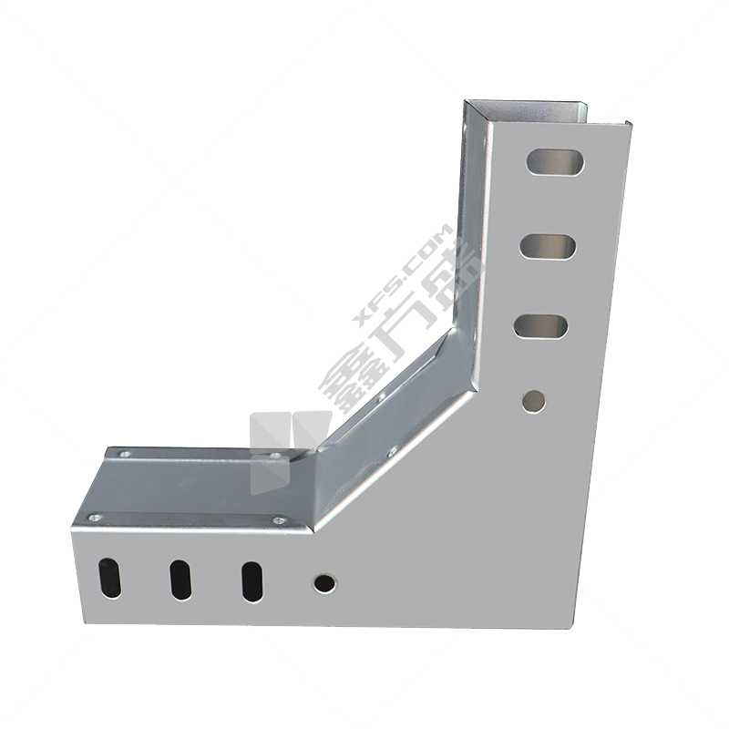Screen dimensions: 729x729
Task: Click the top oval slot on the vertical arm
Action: [x=555, y=161]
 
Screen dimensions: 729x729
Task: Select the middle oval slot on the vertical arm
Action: [x=548, y=245]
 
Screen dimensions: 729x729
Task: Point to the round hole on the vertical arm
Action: [x=534, y=399]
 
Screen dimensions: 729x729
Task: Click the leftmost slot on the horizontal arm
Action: [x=109, y=578]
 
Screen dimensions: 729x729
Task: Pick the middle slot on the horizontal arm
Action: [x=180, y=580]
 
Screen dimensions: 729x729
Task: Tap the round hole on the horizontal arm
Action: [x=323, y=582]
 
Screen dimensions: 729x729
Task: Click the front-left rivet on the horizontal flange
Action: [x=95, y=519]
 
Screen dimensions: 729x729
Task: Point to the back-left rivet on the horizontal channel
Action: [x=126, y=454]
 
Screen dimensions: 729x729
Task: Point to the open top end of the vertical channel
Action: [x=547, y=113]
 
